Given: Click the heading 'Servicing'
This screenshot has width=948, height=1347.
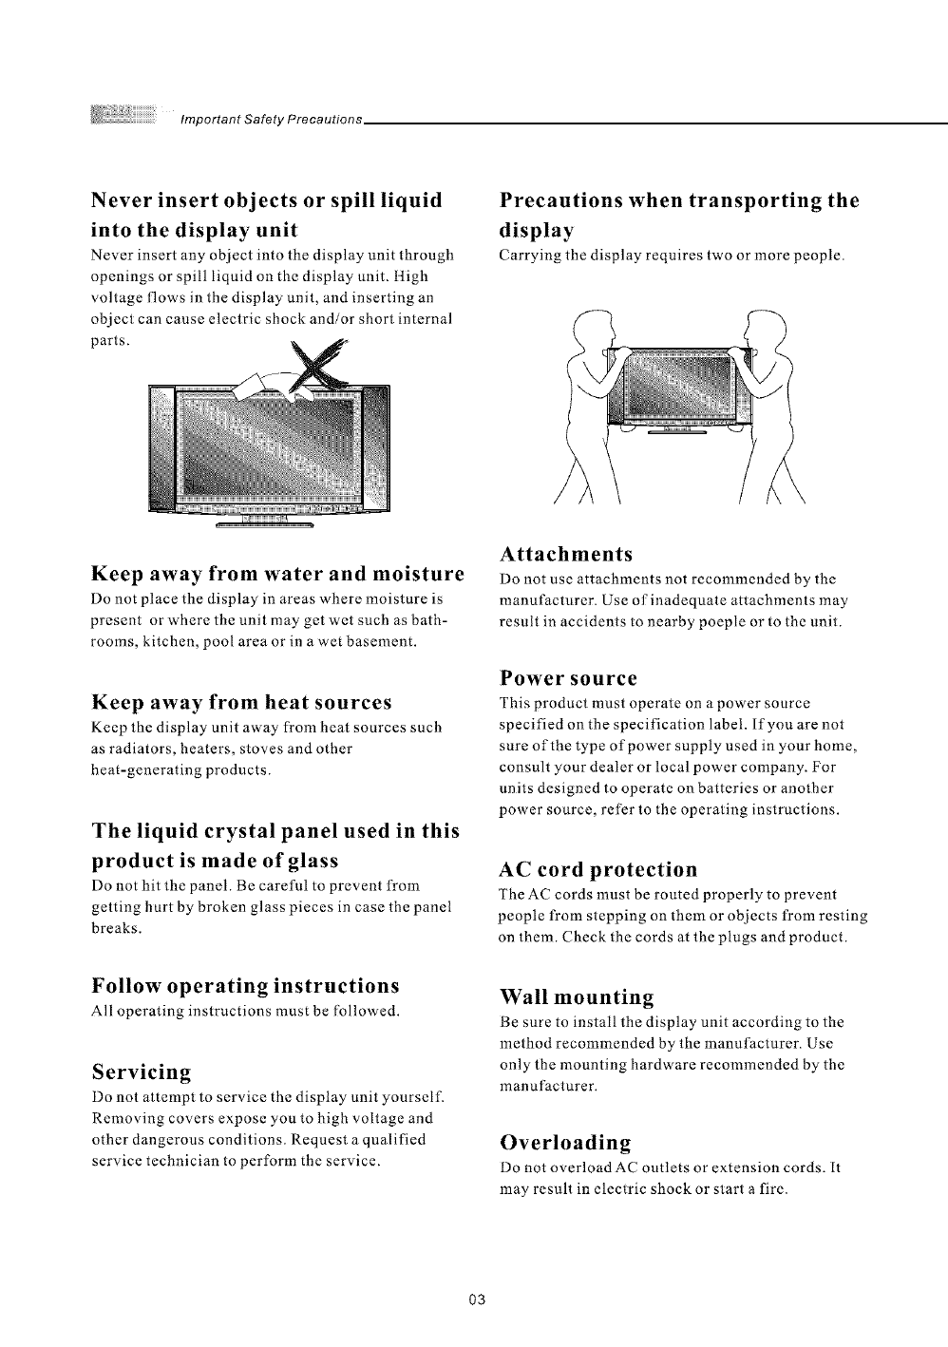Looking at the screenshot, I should (x=142, y=1072).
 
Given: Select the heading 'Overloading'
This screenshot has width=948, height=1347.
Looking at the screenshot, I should (x=565, y=1141).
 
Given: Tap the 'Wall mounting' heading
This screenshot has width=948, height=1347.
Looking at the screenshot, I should (x=577, y=997).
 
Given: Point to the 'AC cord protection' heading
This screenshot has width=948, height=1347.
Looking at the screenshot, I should (x=598, y=869).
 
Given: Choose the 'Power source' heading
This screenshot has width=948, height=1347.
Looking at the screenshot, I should (x=568, y=678).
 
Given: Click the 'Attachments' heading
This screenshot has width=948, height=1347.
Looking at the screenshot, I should (x=566, y=554).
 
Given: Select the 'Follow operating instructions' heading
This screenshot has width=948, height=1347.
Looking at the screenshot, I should (x=245, y=983).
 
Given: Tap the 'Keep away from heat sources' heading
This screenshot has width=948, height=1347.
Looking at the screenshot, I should (x=241, y=703).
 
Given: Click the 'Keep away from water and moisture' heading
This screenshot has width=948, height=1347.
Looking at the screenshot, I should (x=276, y=574).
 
